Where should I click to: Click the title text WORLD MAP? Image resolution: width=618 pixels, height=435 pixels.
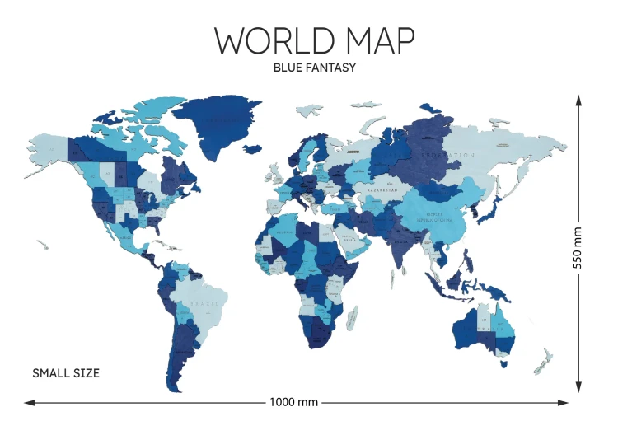[314, 41]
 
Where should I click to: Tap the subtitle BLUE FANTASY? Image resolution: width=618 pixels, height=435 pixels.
[314, 68]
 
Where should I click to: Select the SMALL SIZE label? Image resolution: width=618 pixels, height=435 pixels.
[66, 373]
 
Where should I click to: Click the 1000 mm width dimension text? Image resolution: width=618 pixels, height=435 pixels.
[293, 402]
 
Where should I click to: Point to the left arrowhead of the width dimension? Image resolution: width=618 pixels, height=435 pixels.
[29, 403]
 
